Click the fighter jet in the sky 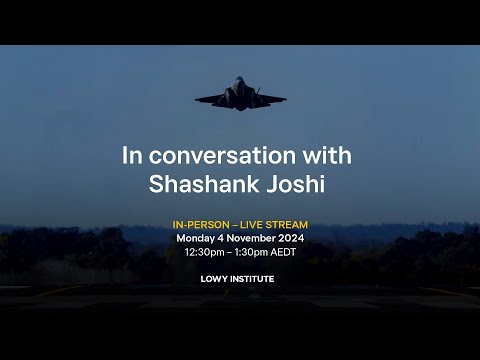point(240,95)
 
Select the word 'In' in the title point(131,156)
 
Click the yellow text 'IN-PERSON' point(201,225)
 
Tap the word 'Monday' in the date point(197,239)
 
